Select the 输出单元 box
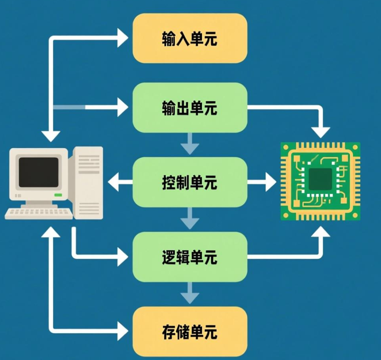coord(189,108)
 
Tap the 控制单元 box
coord(189,182)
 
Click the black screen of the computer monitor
coord(39,172)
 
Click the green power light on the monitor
coord(58,195)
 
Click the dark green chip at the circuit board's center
coord(320,179)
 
